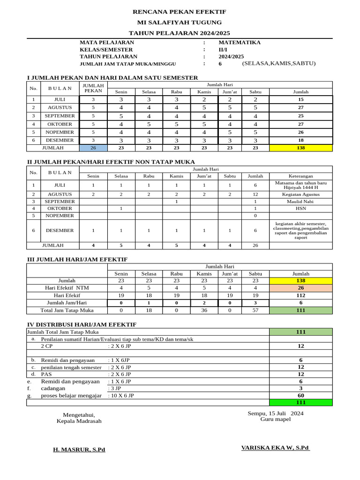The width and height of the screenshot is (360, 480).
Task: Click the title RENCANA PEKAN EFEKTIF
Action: (x=180, y=12)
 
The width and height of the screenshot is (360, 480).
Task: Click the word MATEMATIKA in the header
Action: (x=240, y=42)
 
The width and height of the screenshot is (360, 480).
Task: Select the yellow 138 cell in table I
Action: (x=300, y=148)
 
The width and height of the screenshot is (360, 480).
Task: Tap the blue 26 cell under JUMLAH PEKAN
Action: (x=93, y=148)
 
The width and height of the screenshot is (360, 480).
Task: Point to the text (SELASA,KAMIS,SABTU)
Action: (x=279, y=63)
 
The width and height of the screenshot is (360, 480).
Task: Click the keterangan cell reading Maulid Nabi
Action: (x=300, y=201)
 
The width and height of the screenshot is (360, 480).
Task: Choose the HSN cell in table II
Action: (x=300, y=208)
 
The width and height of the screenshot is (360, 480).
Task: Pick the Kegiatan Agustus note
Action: (x=300, y=194)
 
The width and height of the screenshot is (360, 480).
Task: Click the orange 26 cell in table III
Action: (x=300, y=288)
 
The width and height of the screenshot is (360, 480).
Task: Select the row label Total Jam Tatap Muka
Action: (x=67, y=310)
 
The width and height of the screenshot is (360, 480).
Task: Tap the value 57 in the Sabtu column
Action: (x=255, y=310)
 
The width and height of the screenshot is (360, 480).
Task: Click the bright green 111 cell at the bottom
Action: (x=300, y=403)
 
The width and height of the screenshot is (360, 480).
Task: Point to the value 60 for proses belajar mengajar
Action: (x=300, y=396)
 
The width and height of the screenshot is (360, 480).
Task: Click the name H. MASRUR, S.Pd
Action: (x=79, y=450)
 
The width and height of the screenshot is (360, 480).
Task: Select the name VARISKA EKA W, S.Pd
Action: (x=276, y=448)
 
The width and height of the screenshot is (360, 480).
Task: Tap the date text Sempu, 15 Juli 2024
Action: (x=276, y=413)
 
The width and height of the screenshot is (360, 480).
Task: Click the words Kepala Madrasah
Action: (x=79, y=421)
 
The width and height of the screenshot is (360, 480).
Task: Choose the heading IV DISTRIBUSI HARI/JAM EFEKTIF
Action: (x=82, y=324)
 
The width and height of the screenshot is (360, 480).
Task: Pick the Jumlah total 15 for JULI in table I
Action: (x=300, y=99)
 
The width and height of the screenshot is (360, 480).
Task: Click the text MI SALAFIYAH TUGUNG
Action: (x=180, y=22)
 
